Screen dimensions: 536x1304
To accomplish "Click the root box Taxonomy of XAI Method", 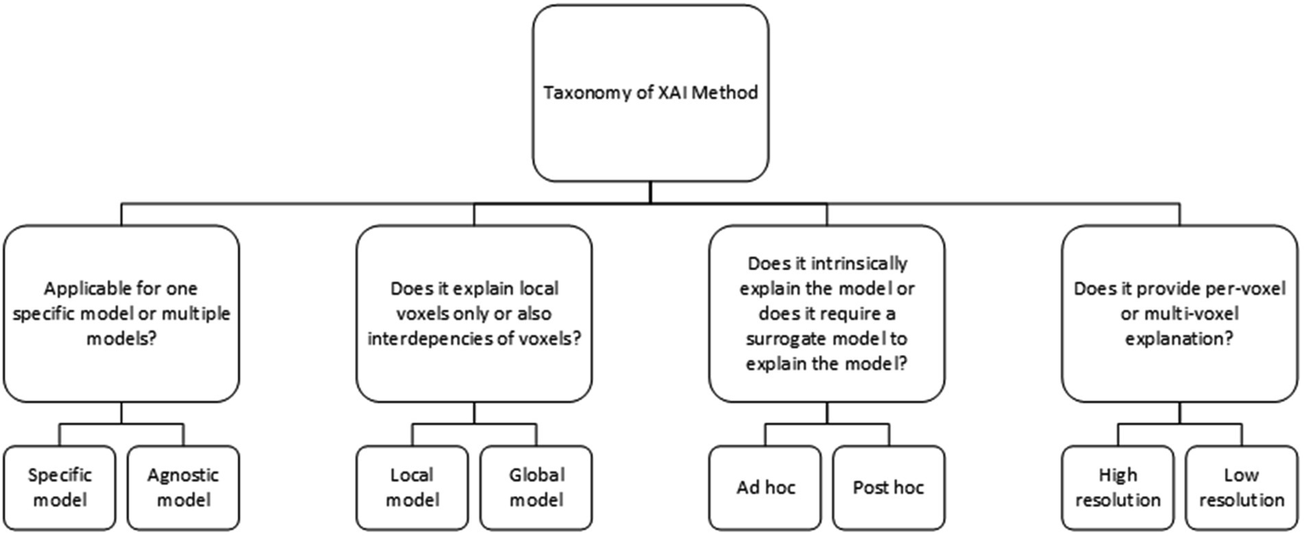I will click(650, 93).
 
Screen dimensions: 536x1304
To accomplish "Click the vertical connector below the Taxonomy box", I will click(650, 192).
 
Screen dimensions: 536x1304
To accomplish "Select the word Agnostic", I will click(183, 474).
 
